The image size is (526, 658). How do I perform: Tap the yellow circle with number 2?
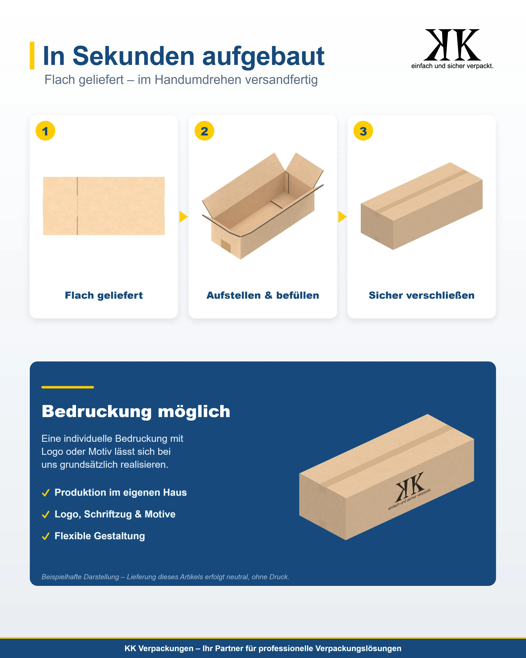coord(204,131)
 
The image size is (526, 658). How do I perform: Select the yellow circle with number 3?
coord(363,131)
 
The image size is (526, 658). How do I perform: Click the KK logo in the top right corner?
coord(452,49)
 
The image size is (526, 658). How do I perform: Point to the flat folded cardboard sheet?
coord(104,206)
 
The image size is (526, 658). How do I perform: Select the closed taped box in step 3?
coord(422,206)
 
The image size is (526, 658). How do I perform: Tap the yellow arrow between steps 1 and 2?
coord(183,217)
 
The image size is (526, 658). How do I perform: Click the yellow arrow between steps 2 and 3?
coord(342,217)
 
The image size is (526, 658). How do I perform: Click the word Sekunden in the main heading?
coord(133,56)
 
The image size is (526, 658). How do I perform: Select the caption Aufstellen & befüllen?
coord(263,295)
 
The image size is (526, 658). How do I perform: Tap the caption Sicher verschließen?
coord(422,295)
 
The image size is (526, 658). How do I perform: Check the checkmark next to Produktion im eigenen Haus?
coord(46,493)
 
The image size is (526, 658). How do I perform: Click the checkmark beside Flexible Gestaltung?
coord(46,536)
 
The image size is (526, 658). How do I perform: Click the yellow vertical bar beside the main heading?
coord(32,56)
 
